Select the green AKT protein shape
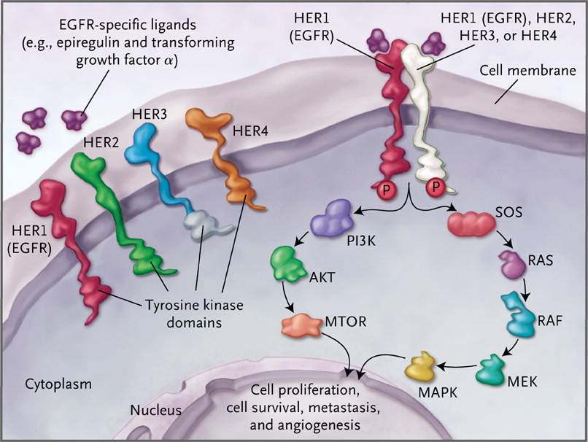tap(287, 263)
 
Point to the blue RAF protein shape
tap(520, 311)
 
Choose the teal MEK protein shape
tap(493, 368)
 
